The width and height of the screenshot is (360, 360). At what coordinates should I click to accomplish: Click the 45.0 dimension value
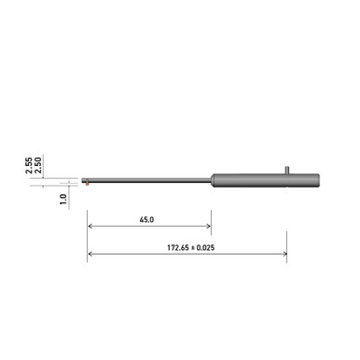[146, 220]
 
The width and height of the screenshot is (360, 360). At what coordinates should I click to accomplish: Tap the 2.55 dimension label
[29, 165]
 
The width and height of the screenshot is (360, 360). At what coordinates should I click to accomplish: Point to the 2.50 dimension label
[39, 165]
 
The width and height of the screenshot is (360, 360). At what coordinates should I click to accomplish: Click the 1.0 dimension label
[62, 199]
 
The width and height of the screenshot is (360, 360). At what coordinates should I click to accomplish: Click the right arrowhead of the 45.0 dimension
[208, 227]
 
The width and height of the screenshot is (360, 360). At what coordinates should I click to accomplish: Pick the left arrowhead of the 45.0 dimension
[90, 227]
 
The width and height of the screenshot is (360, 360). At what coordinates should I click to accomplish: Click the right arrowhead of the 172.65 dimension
[284, 255]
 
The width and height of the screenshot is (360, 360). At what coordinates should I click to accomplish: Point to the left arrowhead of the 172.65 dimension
[90, 255]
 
